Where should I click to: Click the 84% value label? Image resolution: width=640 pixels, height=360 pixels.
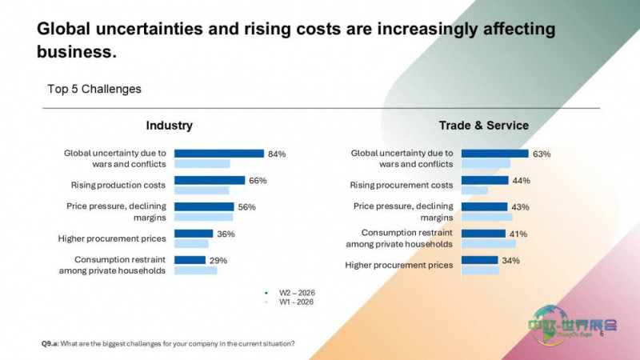pyautogui.click(x=277, y=154)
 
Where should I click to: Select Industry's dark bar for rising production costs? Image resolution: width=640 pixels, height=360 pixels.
pyautogui.click(x=210, y=180)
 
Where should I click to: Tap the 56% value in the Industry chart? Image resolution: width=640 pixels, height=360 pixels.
pyautogui.click(x=246, y=207)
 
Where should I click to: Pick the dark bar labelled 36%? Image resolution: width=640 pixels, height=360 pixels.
pyautogui.click(x=194, y=234)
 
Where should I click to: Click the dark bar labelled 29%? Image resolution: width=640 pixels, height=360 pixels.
pyautogui.click(x=190, y=260)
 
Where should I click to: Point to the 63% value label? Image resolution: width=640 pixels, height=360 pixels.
pyautogui.click(x=542, y=154)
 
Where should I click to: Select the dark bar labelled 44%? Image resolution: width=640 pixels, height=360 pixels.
pyautogui.click(x=485, y=180)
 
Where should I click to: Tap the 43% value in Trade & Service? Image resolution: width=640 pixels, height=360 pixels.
pyautogui.click(x=520, y=207)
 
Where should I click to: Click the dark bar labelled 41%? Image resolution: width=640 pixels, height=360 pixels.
pyautogui.click(x=483, y=234)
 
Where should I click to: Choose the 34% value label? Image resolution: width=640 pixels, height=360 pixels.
pyautogui.click(x=510, y=261)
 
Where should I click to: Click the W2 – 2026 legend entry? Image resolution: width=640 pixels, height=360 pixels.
pyautogui.click(x=290, y=293)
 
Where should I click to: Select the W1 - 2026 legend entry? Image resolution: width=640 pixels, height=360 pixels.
pyautogui.click(x=290, y=302)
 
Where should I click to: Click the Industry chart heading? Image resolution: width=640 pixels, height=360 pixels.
pyautogui.click(x=170, y=126)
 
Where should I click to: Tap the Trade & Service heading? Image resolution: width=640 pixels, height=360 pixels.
pyautogui.click(x=484, y=126)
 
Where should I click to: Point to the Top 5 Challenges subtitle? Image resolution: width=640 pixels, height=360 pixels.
pyautogui.click(x=94, y=89)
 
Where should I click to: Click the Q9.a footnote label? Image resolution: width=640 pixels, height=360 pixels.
pyautogui.click(x=50, y=344)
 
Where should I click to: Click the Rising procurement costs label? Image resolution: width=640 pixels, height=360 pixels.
pyautogui.click(x=402, y=185)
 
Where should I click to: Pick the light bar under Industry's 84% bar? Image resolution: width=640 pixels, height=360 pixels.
pyautogui.click(x=202, y=164)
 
